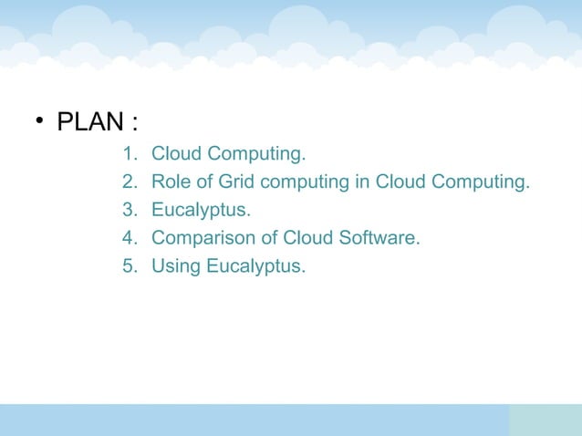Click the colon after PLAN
click(x=134, y=123)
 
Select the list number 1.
click(x=129, y=152)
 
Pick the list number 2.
click(x=129, y=182)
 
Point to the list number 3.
click(x=129, y=210)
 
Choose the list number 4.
click(x=129, y=238)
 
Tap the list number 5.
click(x=129, y=266)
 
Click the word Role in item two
click(x=171, y=182)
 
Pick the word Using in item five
click(x=175, y=267)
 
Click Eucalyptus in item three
click(x=201, y=211)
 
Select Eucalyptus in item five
click(x=255, y=267)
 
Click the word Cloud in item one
click(x=177, y=152)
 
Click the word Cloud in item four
click(x=308, y=238)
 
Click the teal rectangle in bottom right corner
click(x=545, y=420)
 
